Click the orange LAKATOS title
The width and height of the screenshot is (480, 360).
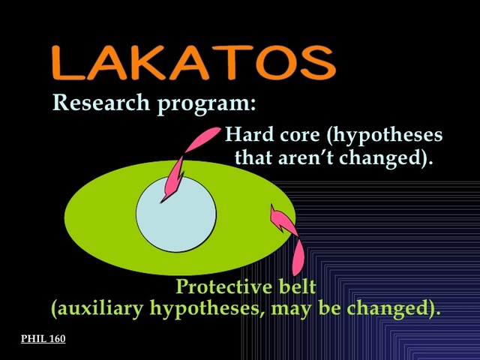click(193, 62)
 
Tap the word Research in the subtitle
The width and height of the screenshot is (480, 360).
click(101, 103)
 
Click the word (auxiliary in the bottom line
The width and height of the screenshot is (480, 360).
click(97, 308)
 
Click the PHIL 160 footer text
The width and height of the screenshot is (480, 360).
click(43, 339)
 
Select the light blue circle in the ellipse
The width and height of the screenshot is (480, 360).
click(176, 214)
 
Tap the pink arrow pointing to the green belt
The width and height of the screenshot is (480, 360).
click(289, 236)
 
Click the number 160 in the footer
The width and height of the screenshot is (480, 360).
click(56, 339)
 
